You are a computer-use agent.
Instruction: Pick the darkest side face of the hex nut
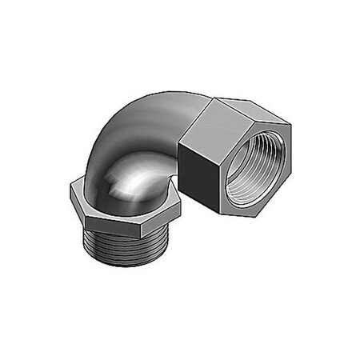click(196, 172)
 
